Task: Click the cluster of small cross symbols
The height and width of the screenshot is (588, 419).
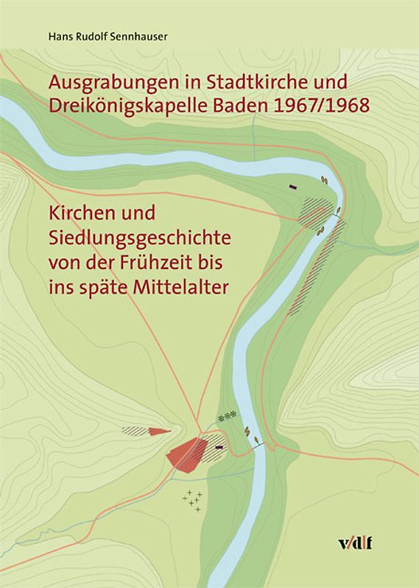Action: click(193, 500)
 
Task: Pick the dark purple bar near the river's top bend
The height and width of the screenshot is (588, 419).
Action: click(293, 187)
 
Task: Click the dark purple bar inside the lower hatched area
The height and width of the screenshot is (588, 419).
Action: click(219, 445)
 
